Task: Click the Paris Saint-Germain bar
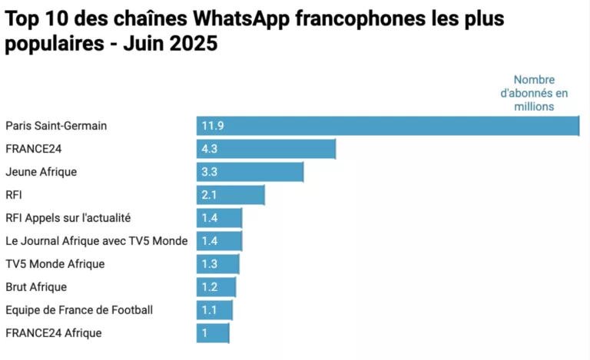tap(387, 126)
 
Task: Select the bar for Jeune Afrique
tap(250, 172)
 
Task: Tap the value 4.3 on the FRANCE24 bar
tap(210, 149)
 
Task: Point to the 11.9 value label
tap(212, 126)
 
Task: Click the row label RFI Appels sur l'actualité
tap(68, 218)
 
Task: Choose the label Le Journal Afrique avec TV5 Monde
tap(96, 241)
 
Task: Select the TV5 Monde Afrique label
tap(55, 264)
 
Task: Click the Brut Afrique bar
tap(216, 287)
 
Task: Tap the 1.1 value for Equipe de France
tap(209, 310)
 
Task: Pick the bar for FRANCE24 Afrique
tap(213, 333)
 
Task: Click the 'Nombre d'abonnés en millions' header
tap(534, 93)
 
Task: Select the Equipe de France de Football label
tap(79, 310)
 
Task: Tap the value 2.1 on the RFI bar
tap(210, 195)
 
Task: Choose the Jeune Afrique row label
tap(41, 172)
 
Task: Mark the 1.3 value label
tap(210, 264)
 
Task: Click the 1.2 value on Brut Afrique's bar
tap(210, 287)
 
